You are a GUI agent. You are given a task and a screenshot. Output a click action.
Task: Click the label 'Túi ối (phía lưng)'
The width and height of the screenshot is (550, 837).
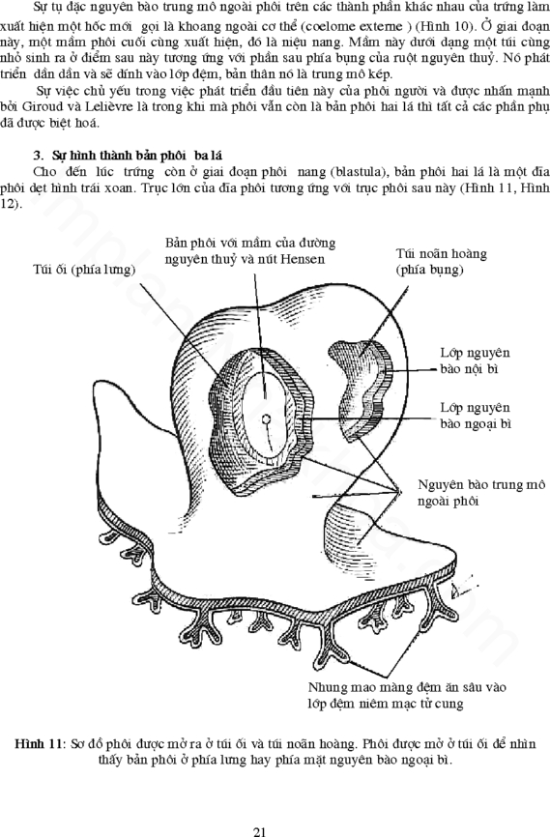(84, 270)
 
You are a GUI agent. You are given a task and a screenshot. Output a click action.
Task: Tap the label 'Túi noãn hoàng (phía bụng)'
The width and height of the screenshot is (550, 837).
(441, 261)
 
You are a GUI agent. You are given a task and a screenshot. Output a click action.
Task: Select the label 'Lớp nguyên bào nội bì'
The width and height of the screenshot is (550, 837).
(475, 361)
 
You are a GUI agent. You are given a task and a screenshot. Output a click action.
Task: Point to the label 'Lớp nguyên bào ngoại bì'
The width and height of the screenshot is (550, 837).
(476, 416)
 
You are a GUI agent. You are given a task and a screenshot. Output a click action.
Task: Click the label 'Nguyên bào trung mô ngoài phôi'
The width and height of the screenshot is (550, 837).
(481, 492)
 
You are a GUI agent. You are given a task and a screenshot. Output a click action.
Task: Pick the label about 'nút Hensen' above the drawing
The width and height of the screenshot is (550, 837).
(250, 251)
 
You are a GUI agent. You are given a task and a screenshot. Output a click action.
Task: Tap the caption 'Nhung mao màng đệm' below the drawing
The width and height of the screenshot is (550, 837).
(407, 695)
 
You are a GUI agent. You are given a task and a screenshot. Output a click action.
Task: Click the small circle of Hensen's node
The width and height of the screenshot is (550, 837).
(266, 419)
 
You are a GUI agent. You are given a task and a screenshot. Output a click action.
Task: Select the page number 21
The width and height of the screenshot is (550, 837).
(259, 831)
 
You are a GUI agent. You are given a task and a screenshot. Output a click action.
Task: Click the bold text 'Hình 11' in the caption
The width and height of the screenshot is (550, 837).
(39, 743)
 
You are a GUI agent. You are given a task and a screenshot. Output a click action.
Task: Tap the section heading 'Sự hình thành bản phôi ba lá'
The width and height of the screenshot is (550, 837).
(136, 156)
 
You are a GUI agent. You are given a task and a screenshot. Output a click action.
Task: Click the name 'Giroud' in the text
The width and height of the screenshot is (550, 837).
(40, 106)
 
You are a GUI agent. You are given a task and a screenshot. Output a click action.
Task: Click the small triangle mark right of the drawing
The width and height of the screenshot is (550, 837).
(456, 591)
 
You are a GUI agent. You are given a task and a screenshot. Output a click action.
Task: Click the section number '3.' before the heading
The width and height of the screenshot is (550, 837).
(38, 156)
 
